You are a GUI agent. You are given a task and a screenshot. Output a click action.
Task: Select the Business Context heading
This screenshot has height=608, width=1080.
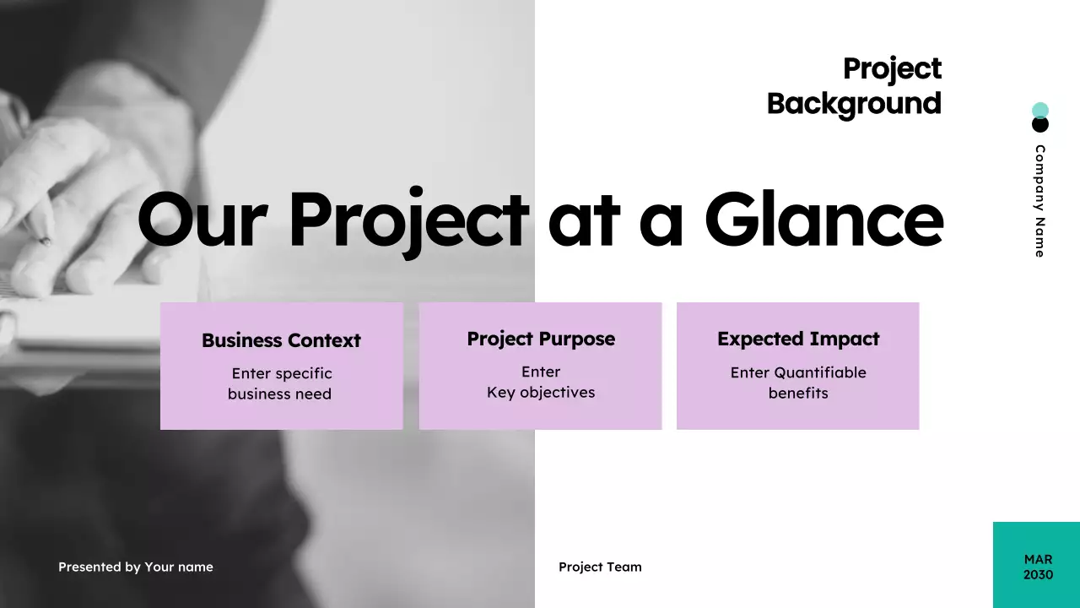point(281,340)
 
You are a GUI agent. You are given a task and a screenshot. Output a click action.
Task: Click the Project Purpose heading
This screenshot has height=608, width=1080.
point(541,339)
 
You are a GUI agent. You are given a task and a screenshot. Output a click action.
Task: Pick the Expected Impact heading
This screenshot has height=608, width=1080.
point(798,339)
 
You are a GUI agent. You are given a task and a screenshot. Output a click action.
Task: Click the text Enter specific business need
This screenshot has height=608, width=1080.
point(281,383)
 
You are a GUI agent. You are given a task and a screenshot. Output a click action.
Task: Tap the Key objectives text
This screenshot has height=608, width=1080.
point(541,393)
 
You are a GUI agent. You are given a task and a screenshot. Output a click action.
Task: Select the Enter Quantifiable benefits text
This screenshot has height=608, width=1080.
point(798,383)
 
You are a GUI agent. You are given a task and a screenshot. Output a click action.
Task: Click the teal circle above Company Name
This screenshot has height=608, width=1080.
point(1040,110)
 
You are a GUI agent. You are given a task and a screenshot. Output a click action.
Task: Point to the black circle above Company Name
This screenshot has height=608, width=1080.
point(1040,126)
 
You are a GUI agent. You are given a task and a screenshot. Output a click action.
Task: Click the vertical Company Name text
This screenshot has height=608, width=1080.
point(1040,201)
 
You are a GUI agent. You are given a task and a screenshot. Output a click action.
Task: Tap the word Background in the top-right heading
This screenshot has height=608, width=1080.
point(854,104)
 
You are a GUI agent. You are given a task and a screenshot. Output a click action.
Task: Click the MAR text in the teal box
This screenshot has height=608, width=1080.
point(1038,559)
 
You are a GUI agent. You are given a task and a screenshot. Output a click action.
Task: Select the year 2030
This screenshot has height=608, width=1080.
point(1038,575)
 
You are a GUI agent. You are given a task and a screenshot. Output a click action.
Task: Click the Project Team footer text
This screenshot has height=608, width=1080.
point(600,567)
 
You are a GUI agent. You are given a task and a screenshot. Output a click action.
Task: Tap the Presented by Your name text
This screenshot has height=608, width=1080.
point(136,567)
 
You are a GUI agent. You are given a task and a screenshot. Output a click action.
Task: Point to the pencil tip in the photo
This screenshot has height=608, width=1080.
point(46,242)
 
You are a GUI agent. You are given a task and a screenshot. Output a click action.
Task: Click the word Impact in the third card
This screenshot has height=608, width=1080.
point(840,339)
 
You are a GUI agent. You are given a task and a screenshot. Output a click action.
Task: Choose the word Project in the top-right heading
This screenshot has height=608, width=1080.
point(892,68)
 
